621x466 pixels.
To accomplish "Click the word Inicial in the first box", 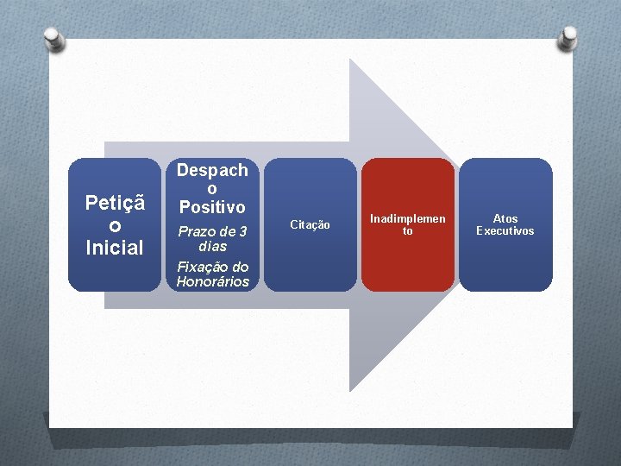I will [114, 248].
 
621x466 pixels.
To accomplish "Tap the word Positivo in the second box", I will [212, 207].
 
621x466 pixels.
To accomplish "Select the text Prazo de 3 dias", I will [212, 238].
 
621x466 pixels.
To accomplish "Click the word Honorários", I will [212, 281].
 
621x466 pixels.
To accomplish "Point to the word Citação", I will [310, 225].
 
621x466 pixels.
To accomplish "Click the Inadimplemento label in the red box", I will [408, 224].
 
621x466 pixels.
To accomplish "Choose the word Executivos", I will [505, 231].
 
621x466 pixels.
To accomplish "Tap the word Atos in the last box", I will [505, 218].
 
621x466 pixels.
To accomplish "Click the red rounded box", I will [407, 259].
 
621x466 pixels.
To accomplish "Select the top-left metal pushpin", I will [53, 38].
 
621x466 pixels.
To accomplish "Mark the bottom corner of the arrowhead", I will [350, 390].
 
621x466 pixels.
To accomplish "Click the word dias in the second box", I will [212, 246].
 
